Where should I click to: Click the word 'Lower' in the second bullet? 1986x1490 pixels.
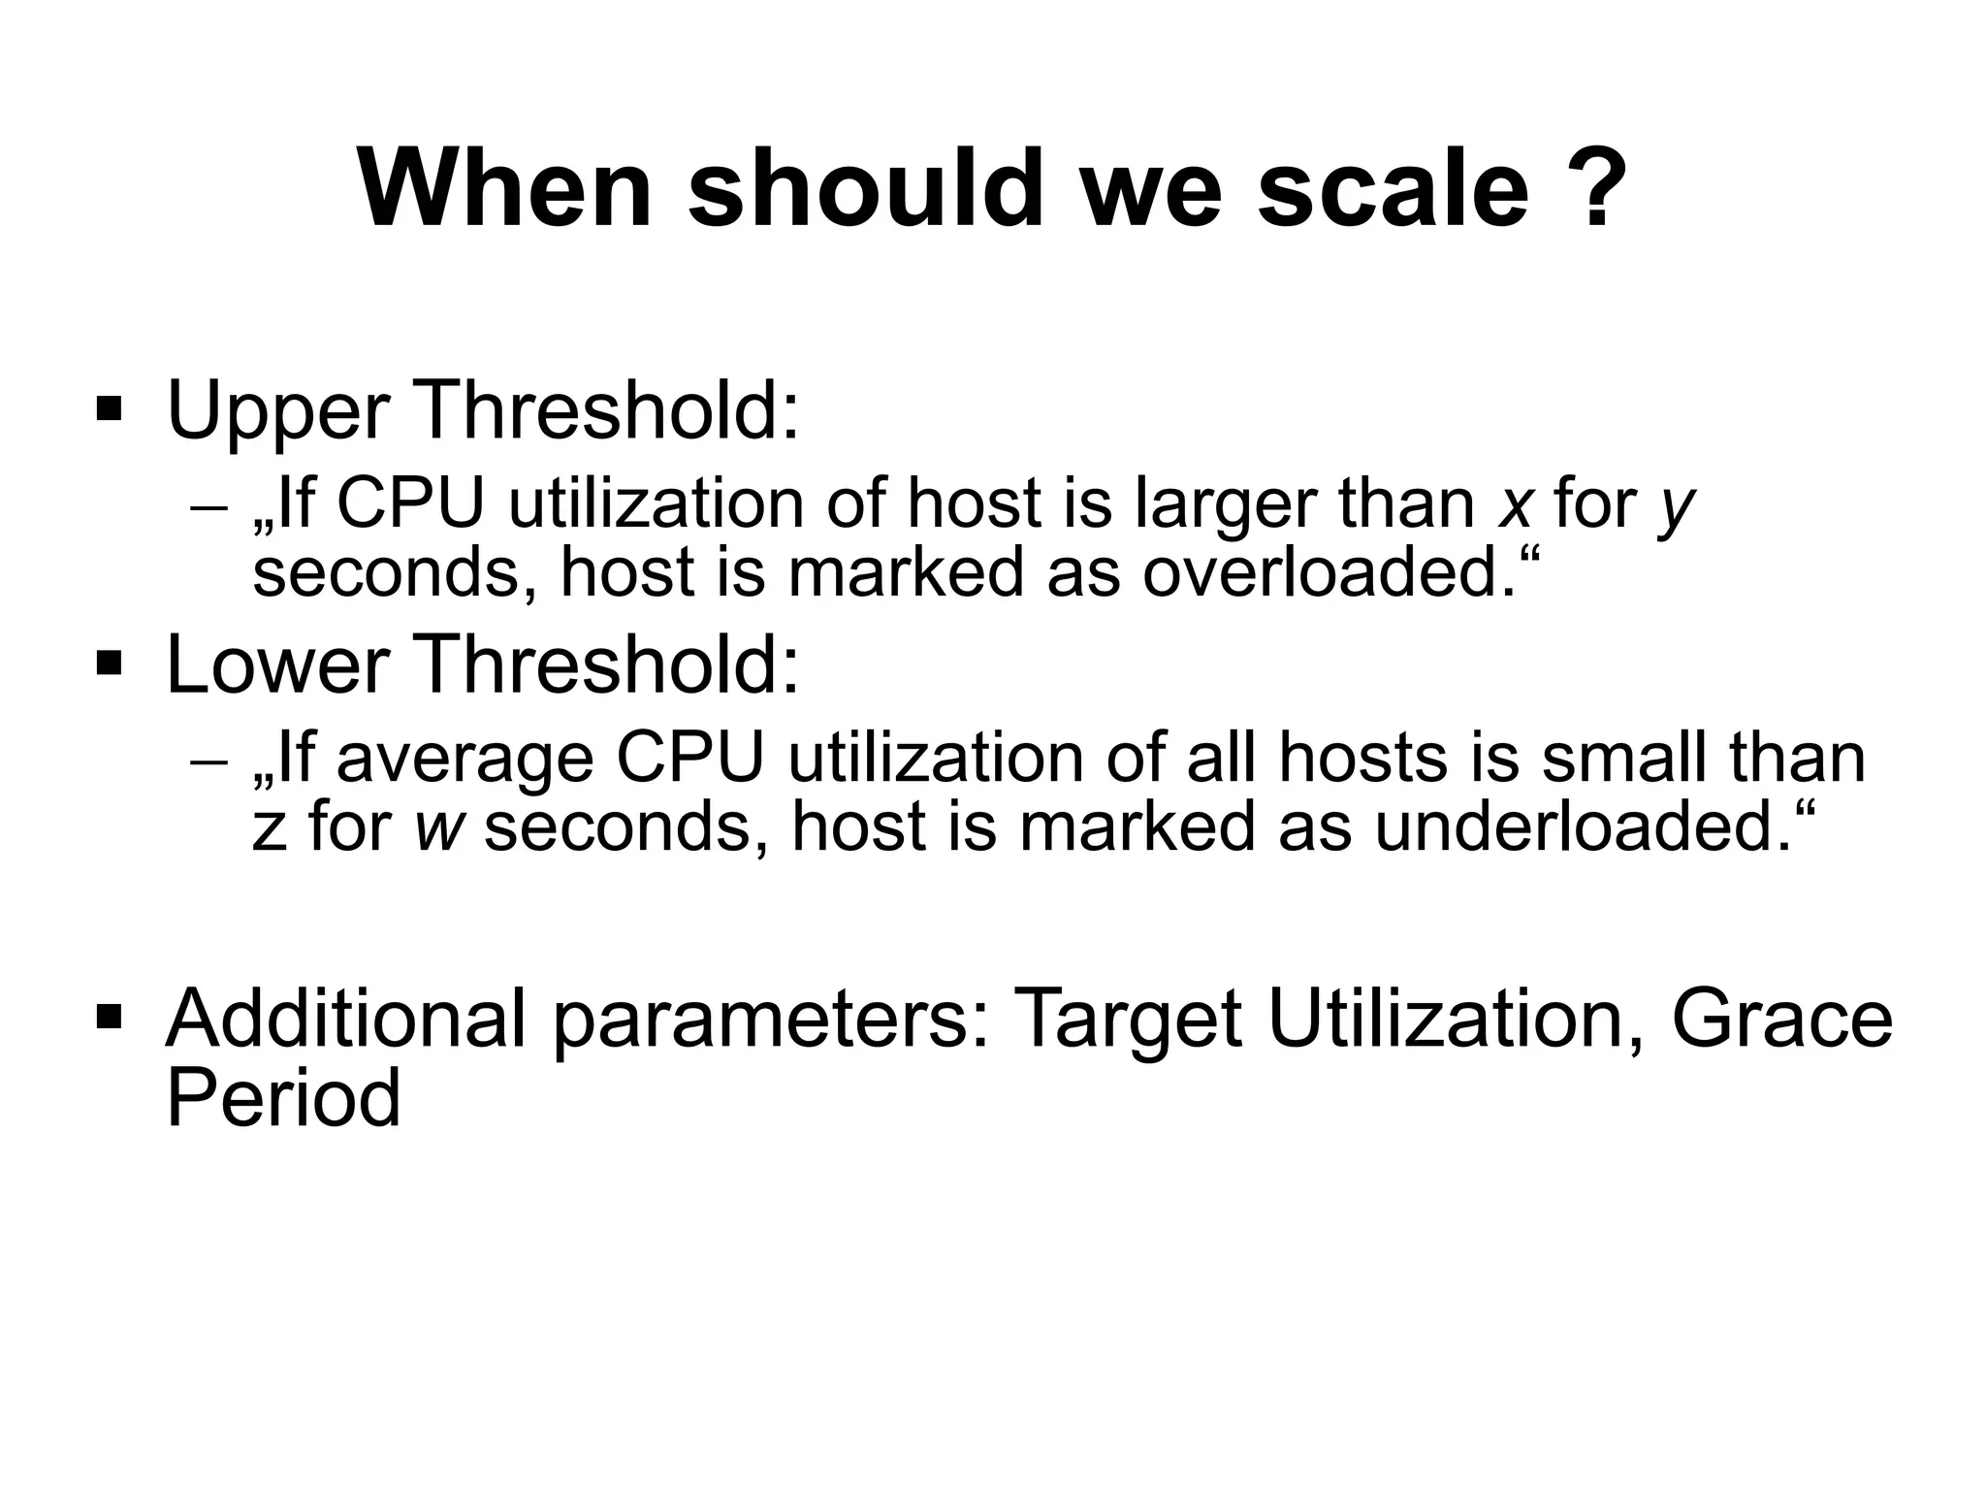pyautogui.click(x=277, y=665)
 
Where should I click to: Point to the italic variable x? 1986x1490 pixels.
pyautogui.click(x=1514, y=506)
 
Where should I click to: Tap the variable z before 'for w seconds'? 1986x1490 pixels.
pyautogui.click(x=270, y=829)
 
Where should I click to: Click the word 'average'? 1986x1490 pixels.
pyautogui.click(x=464, y=761)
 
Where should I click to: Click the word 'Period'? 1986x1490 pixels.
pyautogui.click(x=283, y=1098)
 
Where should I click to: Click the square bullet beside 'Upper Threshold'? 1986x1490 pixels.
pyautogui.click(x=110, y=408)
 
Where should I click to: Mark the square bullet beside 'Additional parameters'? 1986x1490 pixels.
pyautogui.click(x=110, y=1016)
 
